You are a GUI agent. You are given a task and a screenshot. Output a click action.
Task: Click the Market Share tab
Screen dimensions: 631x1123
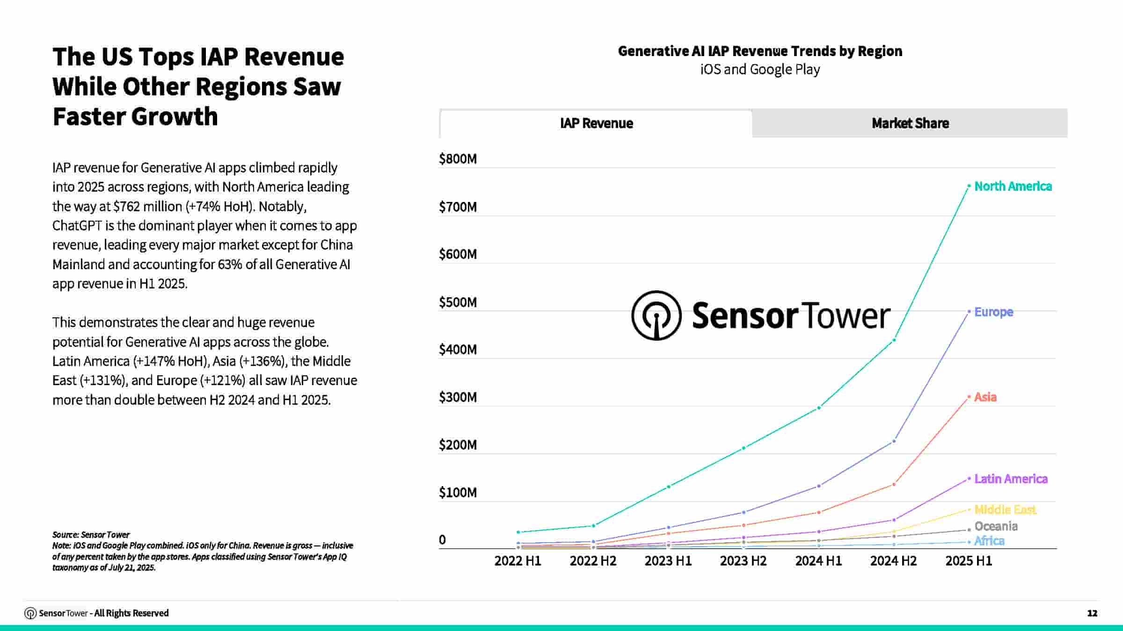910,123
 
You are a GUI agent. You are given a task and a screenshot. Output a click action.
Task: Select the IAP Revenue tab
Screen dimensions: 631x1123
596,123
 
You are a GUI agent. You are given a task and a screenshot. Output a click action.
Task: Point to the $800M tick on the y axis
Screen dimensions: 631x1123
458,159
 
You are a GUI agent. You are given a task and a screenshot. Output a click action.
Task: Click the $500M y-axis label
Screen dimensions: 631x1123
458,302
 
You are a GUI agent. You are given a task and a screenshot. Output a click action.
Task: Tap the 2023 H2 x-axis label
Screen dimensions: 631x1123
743,561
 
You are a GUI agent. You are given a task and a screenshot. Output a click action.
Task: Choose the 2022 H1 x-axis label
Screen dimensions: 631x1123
518,561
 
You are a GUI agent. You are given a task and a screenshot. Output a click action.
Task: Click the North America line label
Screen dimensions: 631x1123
1013,186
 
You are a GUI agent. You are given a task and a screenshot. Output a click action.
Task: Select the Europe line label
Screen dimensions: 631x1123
993,312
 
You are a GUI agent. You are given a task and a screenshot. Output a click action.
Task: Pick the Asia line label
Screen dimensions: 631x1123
985,397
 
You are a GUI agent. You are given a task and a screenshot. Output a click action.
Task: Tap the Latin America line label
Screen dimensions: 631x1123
1011,479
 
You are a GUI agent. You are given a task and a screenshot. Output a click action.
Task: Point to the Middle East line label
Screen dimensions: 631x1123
1005,509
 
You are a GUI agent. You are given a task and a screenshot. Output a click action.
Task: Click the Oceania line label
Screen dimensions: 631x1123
996,526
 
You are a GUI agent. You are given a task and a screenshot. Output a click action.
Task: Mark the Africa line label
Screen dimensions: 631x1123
989,541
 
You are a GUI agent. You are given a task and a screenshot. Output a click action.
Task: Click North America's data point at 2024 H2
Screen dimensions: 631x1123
894,340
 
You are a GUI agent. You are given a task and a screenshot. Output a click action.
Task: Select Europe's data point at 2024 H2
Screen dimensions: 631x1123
894,441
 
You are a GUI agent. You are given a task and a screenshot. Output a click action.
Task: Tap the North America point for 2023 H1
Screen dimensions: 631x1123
669,487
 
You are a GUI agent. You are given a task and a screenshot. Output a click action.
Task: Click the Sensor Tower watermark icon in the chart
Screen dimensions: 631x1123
656,315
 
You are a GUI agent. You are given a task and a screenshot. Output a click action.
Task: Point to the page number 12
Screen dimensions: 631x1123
1092,613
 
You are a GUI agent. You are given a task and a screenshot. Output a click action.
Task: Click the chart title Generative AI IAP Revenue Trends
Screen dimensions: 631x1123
760,51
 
